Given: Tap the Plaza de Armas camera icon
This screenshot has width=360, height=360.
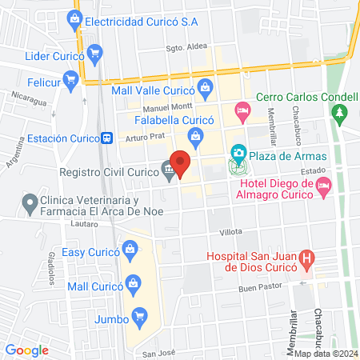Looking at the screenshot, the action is [x=238, y=153].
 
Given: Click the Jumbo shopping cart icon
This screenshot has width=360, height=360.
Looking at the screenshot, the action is [x=140, y=318].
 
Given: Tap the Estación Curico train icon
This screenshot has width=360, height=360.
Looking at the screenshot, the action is [x=106, y=138].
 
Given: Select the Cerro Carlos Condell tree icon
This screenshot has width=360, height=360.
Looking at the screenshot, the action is [x=343, y=112].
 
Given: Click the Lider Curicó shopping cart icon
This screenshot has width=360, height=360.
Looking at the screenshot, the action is [x=95, y=54].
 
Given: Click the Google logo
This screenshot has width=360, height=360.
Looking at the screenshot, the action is [x=26, y=350].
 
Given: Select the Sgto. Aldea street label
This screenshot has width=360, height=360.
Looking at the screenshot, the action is [x=186, y=46].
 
